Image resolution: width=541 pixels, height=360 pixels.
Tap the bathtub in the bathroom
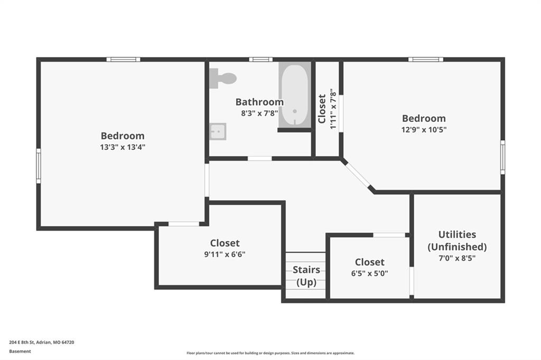pyautogui.click(x=295, y=95)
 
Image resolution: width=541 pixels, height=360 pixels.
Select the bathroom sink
pyautogui.click(x=218, y=131)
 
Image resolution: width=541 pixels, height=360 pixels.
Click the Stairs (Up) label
pyautogui.click(x=306, y=276)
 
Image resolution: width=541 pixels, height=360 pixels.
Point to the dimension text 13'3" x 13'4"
pyautogui.click(x=123, y=147)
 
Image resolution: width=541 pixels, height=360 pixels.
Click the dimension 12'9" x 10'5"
pyautogui.click(x=424, y=130)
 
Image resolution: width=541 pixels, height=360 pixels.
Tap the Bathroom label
pyautogui.click(x=259, y=102)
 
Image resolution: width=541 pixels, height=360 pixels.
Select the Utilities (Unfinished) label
pyautogui.click(x=457, y=241)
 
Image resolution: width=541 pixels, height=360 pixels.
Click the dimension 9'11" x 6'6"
pyautogui.click(x=225, y=254)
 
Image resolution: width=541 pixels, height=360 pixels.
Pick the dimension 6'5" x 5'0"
pyautogui.click(x=369, y=273)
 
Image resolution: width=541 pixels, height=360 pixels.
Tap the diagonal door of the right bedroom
pyautogui.click(x=358, y=175)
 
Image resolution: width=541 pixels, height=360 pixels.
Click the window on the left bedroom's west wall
pyautogui.click(x=39, y=166)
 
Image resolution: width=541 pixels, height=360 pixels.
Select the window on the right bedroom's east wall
pyautogui.click(x=503, y=157)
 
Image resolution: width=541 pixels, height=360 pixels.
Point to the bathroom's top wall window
pyautogui.click(x=261, y=59)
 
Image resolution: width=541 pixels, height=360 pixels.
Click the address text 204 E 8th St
pyautogui.click(x=22, y=343)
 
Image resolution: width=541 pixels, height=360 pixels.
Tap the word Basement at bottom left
pyautogui.click(x=20, y=352)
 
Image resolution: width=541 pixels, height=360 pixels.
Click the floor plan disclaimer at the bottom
pyautogui.click(x=270, y=353)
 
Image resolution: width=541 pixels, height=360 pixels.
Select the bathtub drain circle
pyautogui.click(x=295, y=111)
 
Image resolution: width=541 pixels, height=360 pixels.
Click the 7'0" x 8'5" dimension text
pyautogui.click(x=457, y=258)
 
